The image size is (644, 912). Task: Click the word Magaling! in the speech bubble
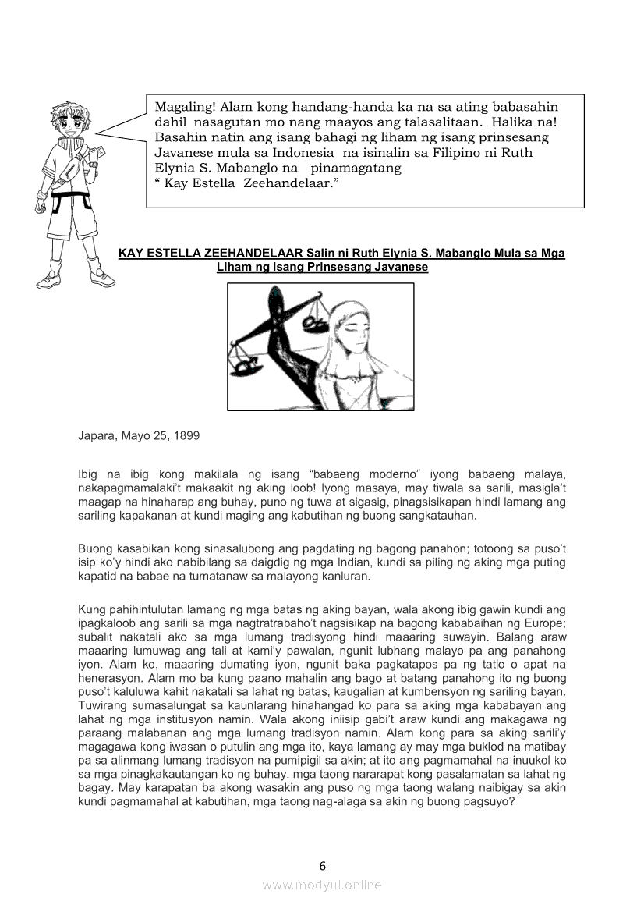(x=185, y=108)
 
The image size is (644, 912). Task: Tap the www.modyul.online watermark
(x=322, y=885)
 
